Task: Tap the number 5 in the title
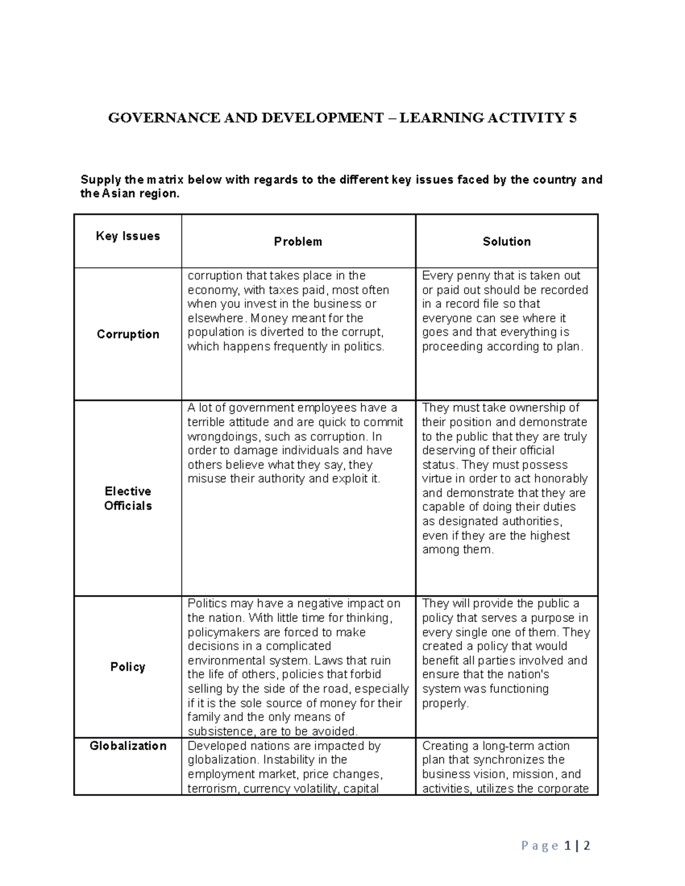tap(572, 118)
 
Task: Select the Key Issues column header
tap(128, 236)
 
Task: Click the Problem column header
tap(298, 242)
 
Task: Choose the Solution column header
tap(506, 242)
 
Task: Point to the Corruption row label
tap(128, 334)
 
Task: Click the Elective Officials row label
tap(128, 499)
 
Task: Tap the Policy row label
tap(128, 667)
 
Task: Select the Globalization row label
tap(128, 746)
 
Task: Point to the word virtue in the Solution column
tap(438, 479)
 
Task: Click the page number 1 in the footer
tap(567, 845)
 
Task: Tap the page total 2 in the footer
tap(586, 845)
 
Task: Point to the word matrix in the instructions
tap(166, 180)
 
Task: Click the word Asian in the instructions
tap(119, 194)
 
